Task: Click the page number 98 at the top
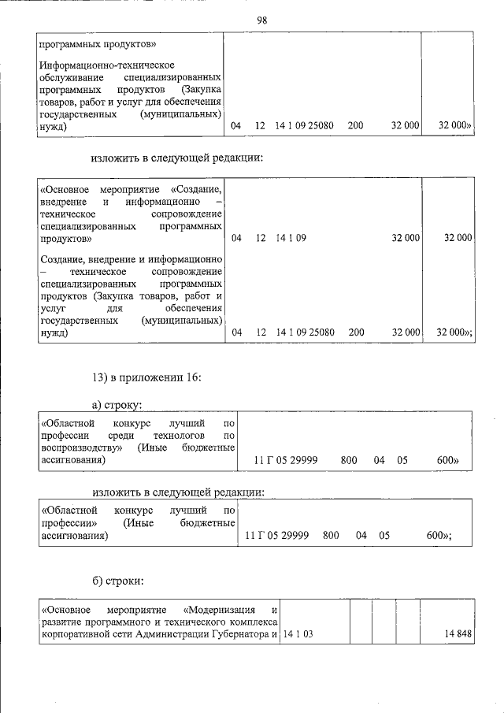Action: (261, 20)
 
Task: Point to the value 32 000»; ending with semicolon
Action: (454, 332)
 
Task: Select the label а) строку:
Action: (117, 405)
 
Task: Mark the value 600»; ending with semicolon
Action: (438, 535)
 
